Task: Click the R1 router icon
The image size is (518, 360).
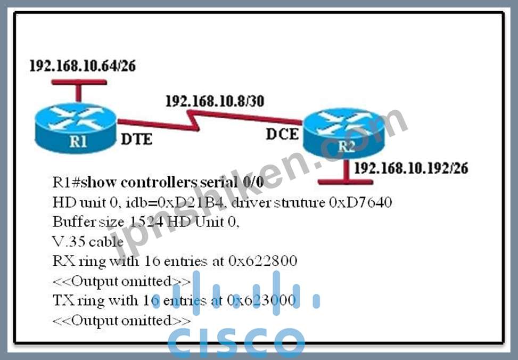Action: tap(76, 128)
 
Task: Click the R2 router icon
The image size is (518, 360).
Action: tap(344, 133)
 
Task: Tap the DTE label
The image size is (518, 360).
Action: tap(136, 139)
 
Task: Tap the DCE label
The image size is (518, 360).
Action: tap(283, 134)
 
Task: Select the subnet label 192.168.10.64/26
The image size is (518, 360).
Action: tap(83, 66)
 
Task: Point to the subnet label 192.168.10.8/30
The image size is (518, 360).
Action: tap(215, 101)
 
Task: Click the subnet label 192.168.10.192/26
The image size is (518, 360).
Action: tap(411, 168)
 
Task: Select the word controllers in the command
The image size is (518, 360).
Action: tap(159, 182)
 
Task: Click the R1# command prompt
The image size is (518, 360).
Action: tap(67, 182)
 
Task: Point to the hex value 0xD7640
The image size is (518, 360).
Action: tap(360, 202)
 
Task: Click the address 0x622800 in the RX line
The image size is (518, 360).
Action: tap(262, 261)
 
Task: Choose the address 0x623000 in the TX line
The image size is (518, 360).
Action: tap(261, 300)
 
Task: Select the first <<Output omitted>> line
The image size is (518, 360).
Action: tap(121, 281)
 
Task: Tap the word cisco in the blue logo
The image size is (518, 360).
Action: tap(236, 342)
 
